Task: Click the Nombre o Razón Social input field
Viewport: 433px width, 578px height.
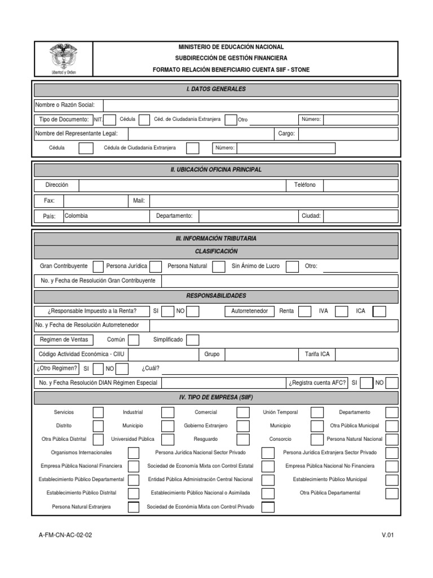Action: coord(250,106)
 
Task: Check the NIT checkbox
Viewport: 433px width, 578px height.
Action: coord(110,120)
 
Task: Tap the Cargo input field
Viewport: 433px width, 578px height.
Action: coord(348,134)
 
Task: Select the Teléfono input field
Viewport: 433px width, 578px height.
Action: coord(361,186)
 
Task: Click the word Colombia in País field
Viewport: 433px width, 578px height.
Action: coord(76,216)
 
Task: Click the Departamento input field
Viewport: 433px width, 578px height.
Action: coord(247,216)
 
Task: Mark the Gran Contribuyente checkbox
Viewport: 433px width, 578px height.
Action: coord(98,266)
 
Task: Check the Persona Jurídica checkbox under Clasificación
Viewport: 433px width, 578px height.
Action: coord(156,266)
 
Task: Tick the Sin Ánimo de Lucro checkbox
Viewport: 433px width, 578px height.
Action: coord(291,266)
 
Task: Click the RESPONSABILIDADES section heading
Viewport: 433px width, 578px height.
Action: coord(216,296)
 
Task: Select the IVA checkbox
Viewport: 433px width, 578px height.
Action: coord(340,311)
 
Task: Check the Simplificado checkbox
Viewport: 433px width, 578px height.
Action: coord(192,340)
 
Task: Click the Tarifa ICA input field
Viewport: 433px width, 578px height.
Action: coord(366,354)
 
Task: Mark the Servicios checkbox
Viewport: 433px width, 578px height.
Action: coord(98,413)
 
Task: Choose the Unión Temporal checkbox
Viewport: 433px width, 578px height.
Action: coord(317,413)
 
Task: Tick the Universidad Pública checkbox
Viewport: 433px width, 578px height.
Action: coord(167,439)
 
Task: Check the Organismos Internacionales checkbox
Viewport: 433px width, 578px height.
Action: coord(133,453)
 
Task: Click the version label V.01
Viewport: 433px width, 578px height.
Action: coord(387,535)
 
